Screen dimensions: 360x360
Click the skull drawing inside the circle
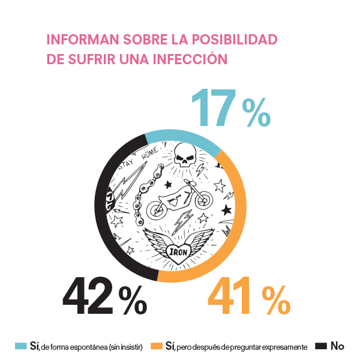pos(184,159)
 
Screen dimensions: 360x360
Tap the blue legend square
pos(20,346)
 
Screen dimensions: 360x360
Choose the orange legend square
pos(156,346)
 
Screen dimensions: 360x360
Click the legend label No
pos(337,346)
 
